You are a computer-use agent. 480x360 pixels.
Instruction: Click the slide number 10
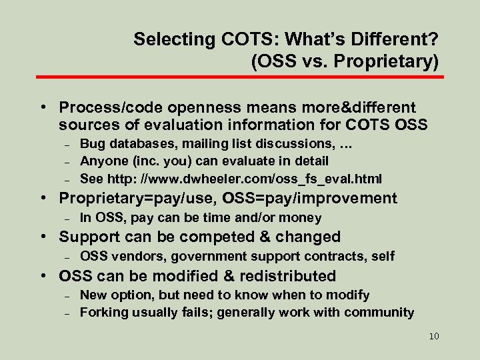click(x=434, y=336)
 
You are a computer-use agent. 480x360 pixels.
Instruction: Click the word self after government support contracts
click(x=382, y=256)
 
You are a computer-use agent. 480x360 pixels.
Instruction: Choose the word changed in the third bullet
click(x=308, y=237)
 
